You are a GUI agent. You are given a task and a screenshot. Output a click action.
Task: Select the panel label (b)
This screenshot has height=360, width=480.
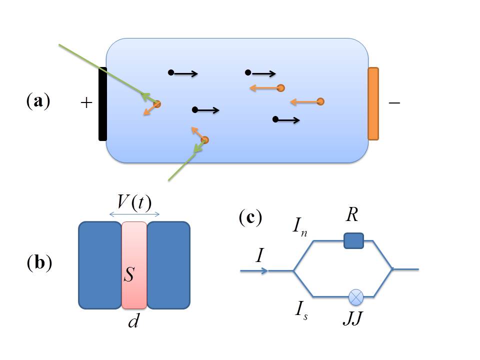(x=39, y=263)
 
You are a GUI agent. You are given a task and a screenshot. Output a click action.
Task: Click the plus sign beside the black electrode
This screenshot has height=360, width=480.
(x=86, y=103)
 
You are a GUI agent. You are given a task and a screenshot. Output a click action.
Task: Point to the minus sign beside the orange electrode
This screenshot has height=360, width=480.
(x=394, y=102)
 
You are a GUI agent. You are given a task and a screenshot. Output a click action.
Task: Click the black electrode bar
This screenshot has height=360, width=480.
(x=102, y=103)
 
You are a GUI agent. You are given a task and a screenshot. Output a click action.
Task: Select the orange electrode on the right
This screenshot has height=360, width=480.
(x=373, y=103)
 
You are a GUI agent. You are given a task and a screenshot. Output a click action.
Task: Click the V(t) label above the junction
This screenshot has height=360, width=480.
(x=134, y=202)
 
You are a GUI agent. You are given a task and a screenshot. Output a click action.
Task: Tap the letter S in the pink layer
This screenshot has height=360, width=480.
(x=128, y=274)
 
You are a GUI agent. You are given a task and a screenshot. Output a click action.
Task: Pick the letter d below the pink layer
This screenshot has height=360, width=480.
(x=133, y=321)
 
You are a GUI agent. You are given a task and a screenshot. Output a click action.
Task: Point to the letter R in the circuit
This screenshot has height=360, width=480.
(x=353, y=218)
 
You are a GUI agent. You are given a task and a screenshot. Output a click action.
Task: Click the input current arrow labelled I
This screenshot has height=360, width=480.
(x=255, y=270)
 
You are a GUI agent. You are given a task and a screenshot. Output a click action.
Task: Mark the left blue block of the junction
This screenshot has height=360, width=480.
(x=100, y=264)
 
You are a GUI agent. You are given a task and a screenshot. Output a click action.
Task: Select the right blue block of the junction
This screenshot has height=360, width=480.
(x=168, y=264)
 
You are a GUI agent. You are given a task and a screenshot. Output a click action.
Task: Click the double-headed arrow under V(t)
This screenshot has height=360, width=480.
(x=134, y=214)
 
